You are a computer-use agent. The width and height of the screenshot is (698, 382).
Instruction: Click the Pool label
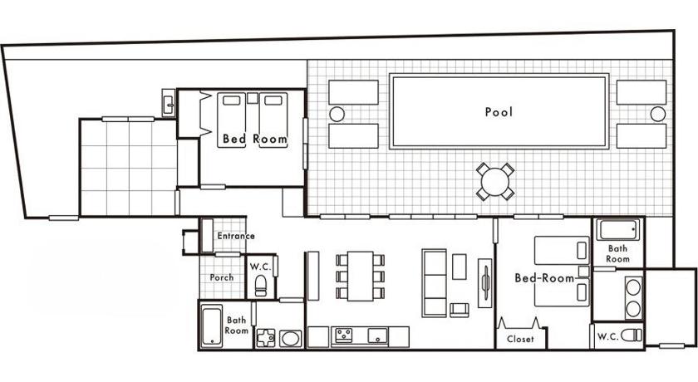[x=499, y=111]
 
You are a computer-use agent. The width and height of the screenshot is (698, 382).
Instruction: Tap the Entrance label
[x=236, y=236]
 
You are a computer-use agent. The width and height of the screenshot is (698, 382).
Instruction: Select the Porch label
[x=222, y=277]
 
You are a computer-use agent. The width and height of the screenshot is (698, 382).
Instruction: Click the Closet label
[x=520, y=339]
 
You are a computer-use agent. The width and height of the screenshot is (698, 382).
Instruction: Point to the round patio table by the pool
[x=495, y=182]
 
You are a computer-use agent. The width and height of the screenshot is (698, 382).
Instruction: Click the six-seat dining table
[x=361, y=277]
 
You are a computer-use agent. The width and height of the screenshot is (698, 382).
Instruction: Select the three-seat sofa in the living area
[x=434, y=283]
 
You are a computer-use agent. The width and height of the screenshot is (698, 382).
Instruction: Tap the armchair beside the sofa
[x=460, y=310]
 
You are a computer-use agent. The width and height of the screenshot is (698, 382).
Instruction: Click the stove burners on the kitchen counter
[x=344, y=335]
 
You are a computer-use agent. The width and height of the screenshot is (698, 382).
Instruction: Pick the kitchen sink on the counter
[x=378, y=335]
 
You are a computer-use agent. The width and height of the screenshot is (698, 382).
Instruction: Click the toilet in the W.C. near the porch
[x=261, y=286]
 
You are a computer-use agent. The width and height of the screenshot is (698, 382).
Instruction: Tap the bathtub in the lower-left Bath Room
[x=212, y=326]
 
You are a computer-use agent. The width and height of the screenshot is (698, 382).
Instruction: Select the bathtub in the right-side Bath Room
[x=617, y=230]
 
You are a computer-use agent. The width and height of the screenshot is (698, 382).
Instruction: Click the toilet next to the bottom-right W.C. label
[x=632, y=335]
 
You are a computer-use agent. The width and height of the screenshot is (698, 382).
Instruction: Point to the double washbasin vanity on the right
[x=633, y=297]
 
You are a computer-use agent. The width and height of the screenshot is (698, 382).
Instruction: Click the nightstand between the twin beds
[x=253, y=98]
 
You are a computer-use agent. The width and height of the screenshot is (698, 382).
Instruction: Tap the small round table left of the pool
[x=337, y=115]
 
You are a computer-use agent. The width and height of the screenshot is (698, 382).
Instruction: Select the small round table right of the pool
[x=658, y=115]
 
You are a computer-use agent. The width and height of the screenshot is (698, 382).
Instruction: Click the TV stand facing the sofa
[x=484, y=283]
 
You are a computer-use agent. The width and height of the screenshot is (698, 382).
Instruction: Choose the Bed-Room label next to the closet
[x=544, y=278]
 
